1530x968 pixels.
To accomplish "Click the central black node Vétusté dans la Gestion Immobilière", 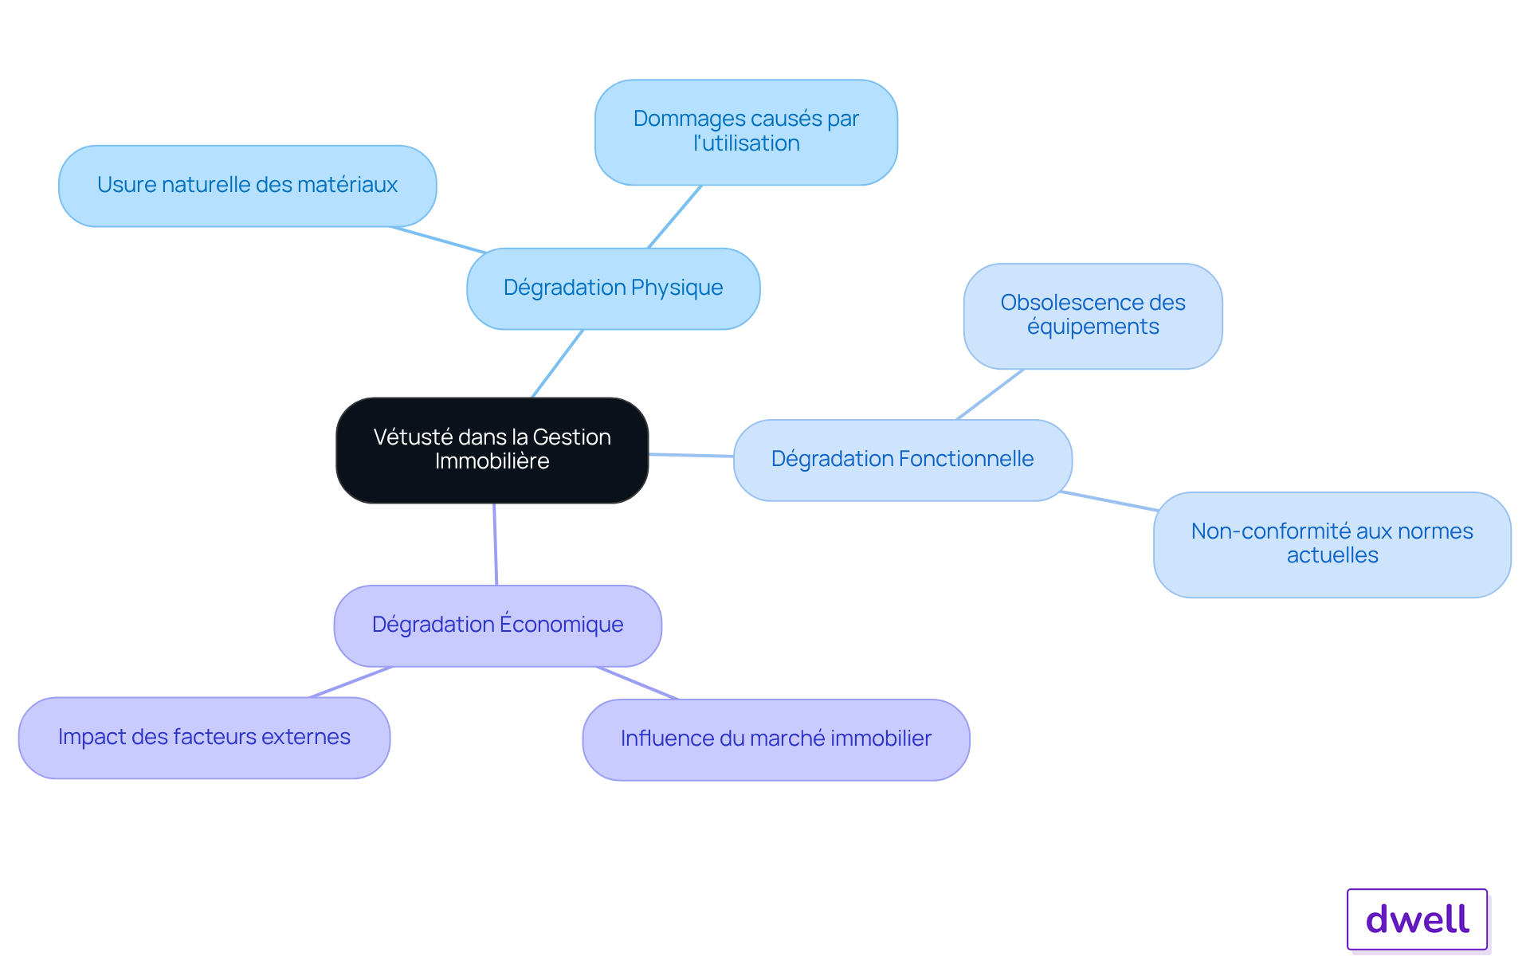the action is (492, 450).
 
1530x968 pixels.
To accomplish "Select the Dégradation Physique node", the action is (614, 288).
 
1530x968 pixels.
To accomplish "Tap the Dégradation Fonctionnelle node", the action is (903, 460).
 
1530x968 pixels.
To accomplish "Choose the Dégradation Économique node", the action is (498, 625).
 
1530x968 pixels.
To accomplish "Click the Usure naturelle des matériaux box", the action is (248, 186).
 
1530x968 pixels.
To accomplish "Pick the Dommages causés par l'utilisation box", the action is (747, 132).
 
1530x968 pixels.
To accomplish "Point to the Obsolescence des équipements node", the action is (1093, 316).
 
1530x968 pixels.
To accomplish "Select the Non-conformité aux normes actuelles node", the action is (1332, 544).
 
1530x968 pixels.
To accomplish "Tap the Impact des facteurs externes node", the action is (205, 738).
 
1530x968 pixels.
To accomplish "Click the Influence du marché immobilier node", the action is (776, 739).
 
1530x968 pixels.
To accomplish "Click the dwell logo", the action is (1418, 919).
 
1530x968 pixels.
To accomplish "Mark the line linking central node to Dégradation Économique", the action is (496, 544).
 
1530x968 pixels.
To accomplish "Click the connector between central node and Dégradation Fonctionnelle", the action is (691, 455).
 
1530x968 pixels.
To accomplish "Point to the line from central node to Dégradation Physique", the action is (558, 363).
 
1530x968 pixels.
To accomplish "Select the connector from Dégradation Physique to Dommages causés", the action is (675, 217).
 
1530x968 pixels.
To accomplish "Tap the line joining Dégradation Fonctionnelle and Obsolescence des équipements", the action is (991, 394).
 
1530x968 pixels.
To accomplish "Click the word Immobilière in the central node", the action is (492, 461).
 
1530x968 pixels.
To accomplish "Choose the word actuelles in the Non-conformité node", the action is (1332, 555).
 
